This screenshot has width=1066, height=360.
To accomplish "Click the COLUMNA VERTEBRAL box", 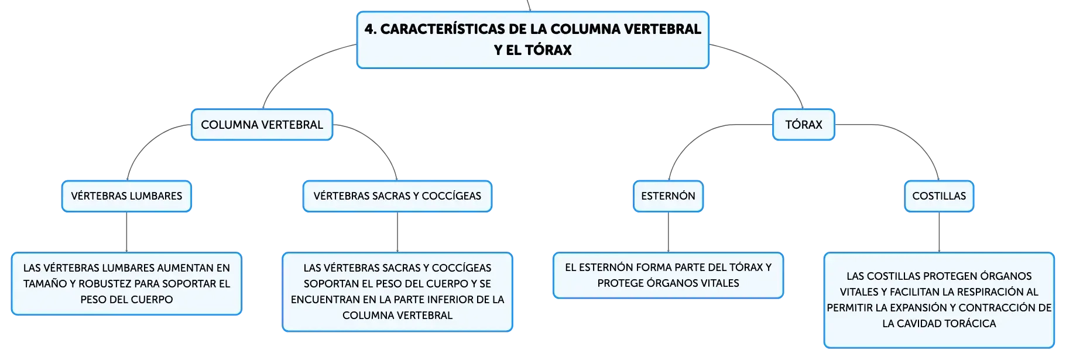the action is tap(262, 125).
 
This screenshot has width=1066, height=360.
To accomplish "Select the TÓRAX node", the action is tap(804, 125).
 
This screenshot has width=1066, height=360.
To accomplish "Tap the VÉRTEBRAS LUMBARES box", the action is tap(126, 196).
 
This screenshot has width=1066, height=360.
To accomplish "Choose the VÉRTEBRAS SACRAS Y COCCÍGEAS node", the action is tap(397, 196).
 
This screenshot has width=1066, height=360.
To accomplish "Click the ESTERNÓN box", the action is tap(669, 196).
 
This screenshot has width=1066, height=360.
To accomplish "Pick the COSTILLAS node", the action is tap(939, 196).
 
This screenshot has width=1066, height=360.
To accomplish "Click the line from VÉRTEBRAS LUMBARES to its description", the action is tap(126, 232).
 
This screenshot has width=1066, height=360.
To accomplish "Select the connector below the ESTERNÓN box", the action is tap(669, 232).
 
